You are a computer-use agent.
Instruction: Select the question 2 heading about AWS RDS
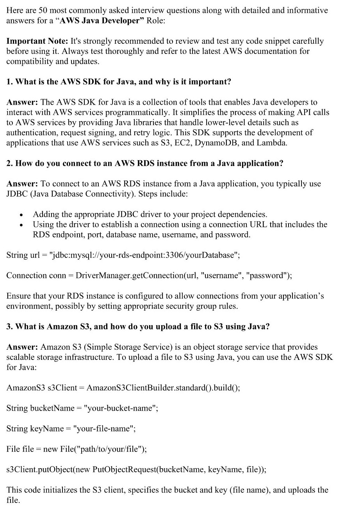144,163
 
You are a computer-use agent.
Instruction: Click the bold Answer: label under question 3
22,347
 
